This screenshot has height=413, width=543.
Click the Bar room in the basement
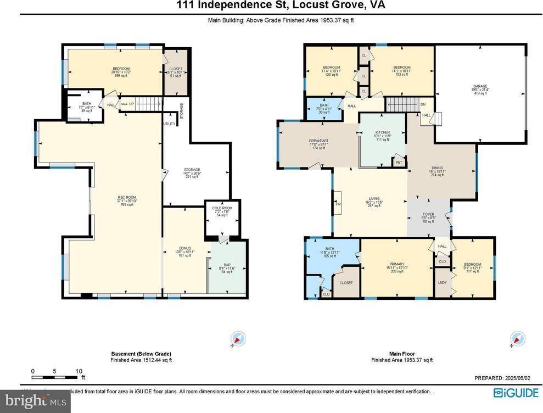click(227, 268)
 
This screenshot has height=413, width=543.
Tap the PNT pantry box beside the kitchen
click(399, 163)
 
